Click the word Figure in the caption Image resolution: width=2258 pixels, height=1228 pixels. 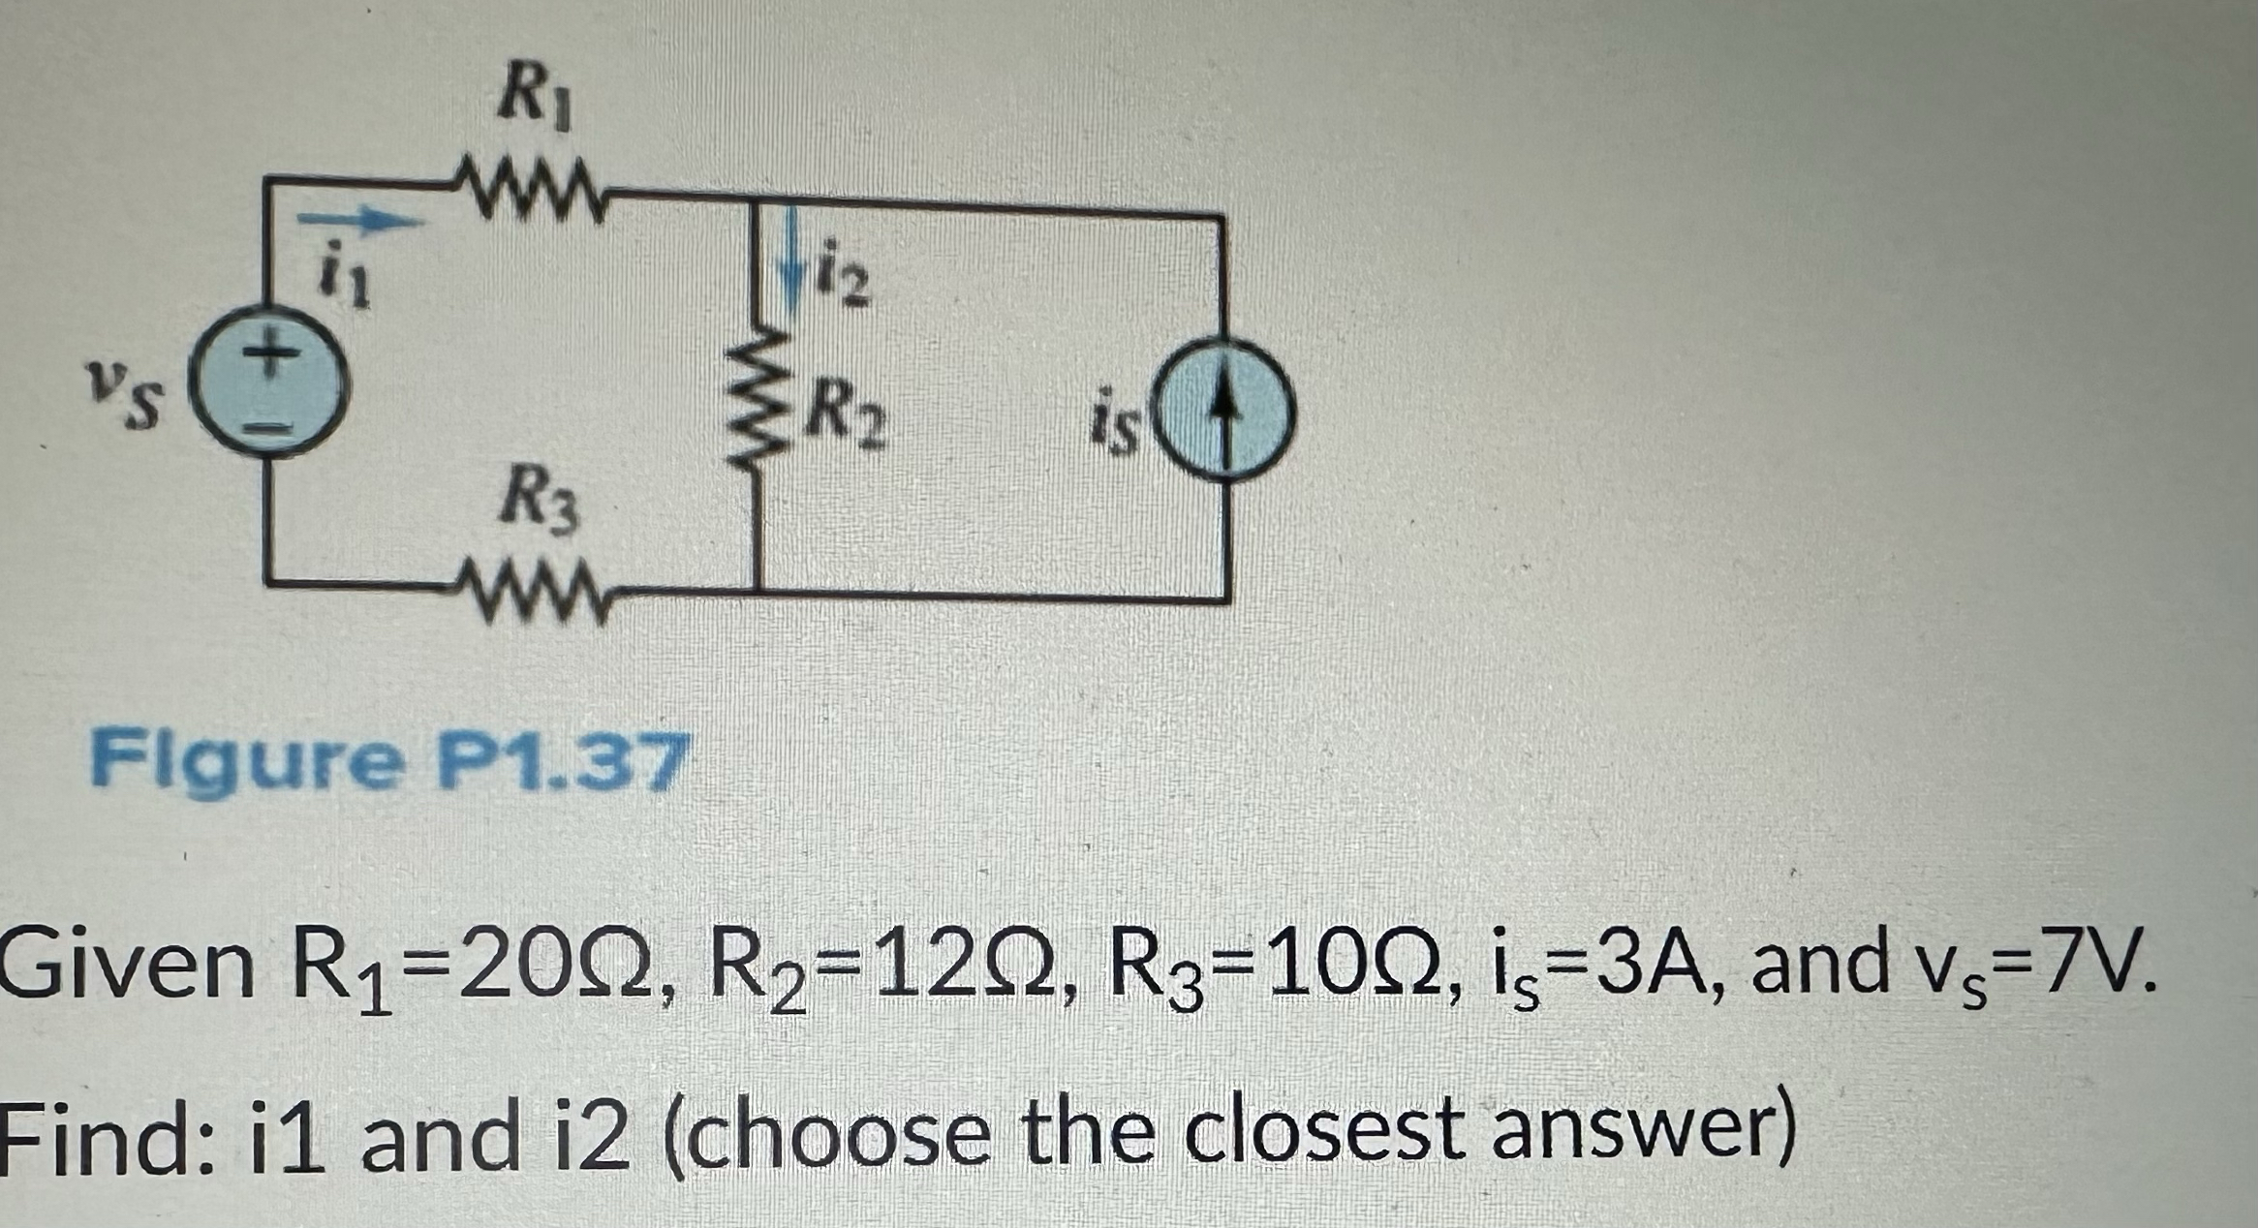coord(246,761)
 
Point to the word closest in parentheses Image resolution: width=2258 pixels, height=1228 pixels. coord(1326,1128)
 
